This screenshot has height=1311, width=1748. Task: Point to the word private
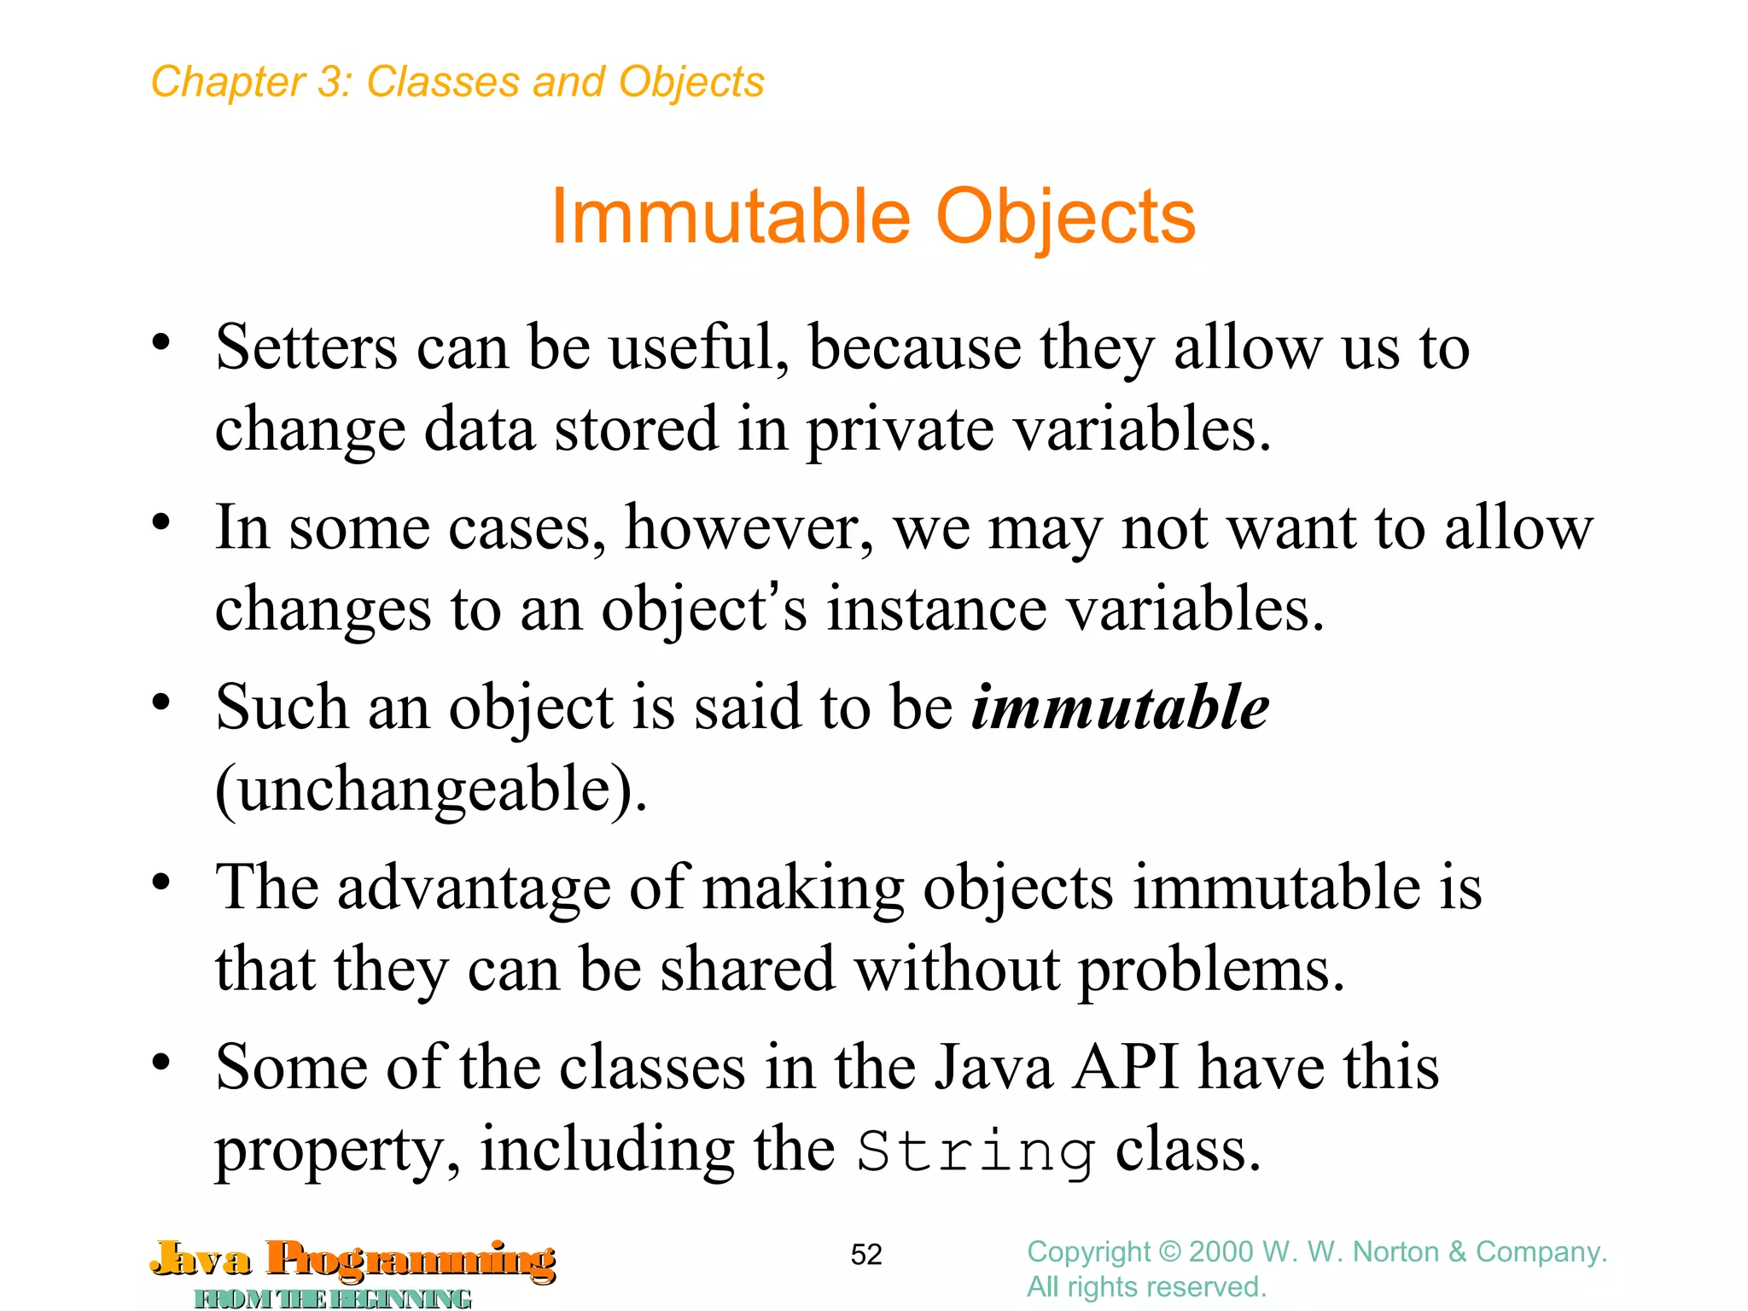pyautogui.click(x=900, y=430)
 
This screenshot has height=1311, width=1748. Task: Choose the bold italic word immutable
pyautogui.click(x=1120, y=708)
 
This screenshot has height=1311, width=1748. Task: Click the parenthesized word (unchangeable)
pyautogui.click(x=431, y=790)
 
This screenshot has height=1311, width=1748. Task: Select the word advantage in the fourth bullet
pyautogui.click(x=474, y=888)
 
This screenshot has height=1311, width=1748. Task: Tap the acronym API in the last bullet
pyautogui.click(x=1126, y=1067)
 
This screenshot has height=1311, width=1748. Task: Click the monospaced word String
pyautogui.click(x=976, y=1151)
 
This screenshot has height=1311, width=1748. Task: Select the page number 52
pyautogui.click(x=865, y=1255)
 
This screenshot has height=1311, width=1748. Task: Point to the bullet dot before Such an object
pyautogui.click(x=161, y=703)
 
